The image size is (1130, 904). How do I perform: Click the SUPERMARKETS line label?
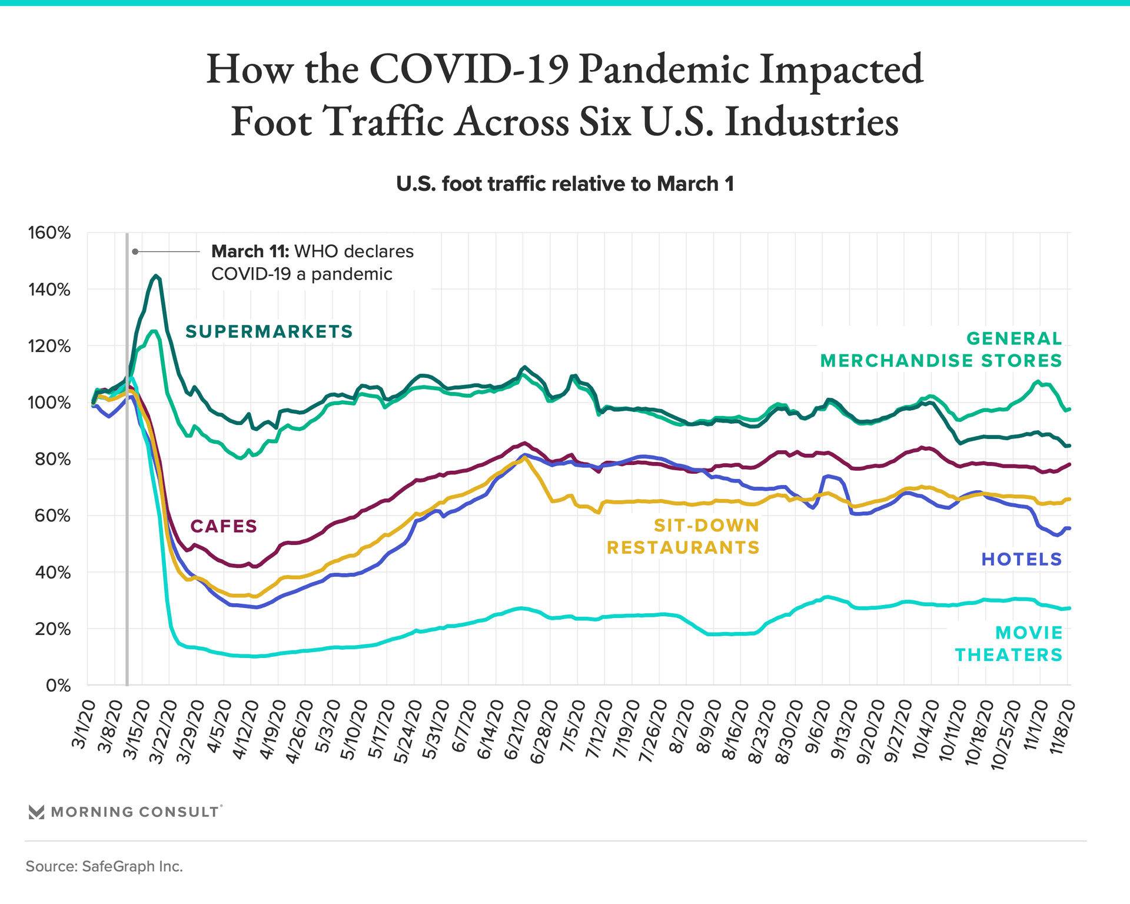[269, 332]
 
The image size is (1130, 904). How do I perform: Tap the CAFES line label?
[224, 526]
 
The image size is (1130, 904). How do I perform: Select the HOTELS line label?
[1022, 559]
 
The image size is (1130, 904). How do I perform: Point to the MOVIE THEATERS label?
[1009, 644]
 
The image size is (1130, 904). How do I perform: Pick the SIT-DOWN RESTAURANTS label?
[683, 536]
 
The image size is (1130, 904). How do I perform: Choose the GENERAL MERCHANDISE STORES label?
[942, 350]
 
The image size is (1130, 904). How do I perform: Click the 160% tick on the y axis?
[49, 233]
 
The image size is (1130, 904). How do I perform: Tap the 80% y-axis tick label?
[52, 459]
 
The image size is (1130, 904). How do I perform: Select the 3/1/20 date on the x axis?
[83, 724]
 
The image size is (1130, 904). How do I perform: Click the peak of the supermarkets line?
[156, 275]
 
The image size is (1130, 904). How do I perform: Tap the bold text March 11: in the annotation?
[250, 252]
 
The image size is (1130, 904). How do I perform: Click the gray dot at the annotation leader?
[135, 252]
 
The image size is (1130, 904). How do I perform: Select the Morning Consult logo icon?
[36, 812]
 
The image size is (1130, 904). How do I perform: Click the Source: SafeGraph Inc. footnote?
[104, 866]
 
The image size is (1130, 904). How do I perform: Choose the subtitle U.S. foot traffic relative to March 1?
[565, 184]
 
